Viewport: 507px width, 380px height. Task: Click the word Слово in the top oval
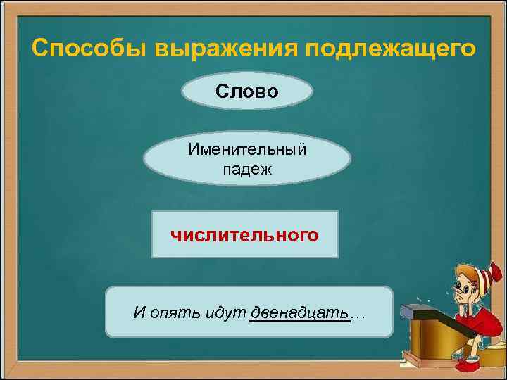(x=246, y=91)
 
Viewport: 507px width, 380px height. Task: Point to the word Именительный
(x=246, y=149)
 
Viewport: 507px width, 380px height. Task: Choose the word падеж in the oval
(x=246, y=170)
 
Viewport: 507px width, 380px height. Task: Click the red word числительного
(x=244, y=234)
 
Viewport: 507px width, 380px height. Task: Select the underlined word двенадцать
(x=299, y=312)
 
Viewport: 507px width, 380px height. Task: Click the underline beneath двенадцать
(x=299, y=322)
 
